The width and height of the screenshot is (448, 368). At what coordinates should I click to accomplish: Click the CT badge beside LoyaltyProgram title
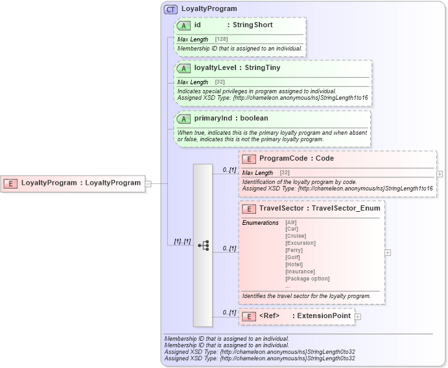[x=171, y=10]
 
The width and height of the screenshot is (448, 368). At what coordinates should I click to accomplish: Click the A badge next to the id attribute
[x=183, y=25]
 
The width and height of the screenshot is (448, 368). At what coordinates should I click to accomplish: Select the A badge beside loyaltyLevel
[x=183, y=68]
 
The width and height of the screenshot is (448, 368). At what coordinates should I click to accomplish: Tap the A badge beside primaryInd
[x=183, y=119]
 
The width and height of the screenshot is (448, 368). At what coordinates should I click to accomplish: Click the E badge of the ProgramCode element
[x=248, y=159]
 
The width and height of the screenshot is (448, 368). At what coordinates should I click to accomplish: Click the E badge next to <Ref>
[x=248, y=316]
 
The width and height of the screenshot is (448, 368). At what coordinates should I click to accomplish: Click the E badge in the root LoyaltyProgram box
[x=10, y=183]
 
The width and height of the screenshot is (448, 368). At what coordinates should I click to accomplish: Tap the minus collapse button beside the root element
[x=148, y=183]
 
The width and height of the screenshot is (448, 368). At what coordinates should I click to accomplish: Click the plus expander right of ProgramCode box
[x=440, y=174]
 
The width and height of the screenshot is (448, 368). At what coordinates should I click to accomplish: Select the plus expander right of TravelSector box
[x=388, y=253]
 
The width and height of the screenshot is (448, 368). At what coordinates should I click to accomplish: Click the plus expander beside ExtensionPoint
[x=358, y=316]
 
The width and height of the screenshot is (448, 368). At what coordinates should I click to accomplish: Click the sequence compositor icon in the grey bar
[x=203, y=246]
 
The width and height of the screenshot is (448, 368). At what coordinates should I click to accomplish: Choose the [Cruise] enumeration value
[x=296, y=236]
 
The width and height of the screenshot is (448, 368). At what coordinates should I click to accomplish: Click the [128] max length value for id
[x=221, y=40]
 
